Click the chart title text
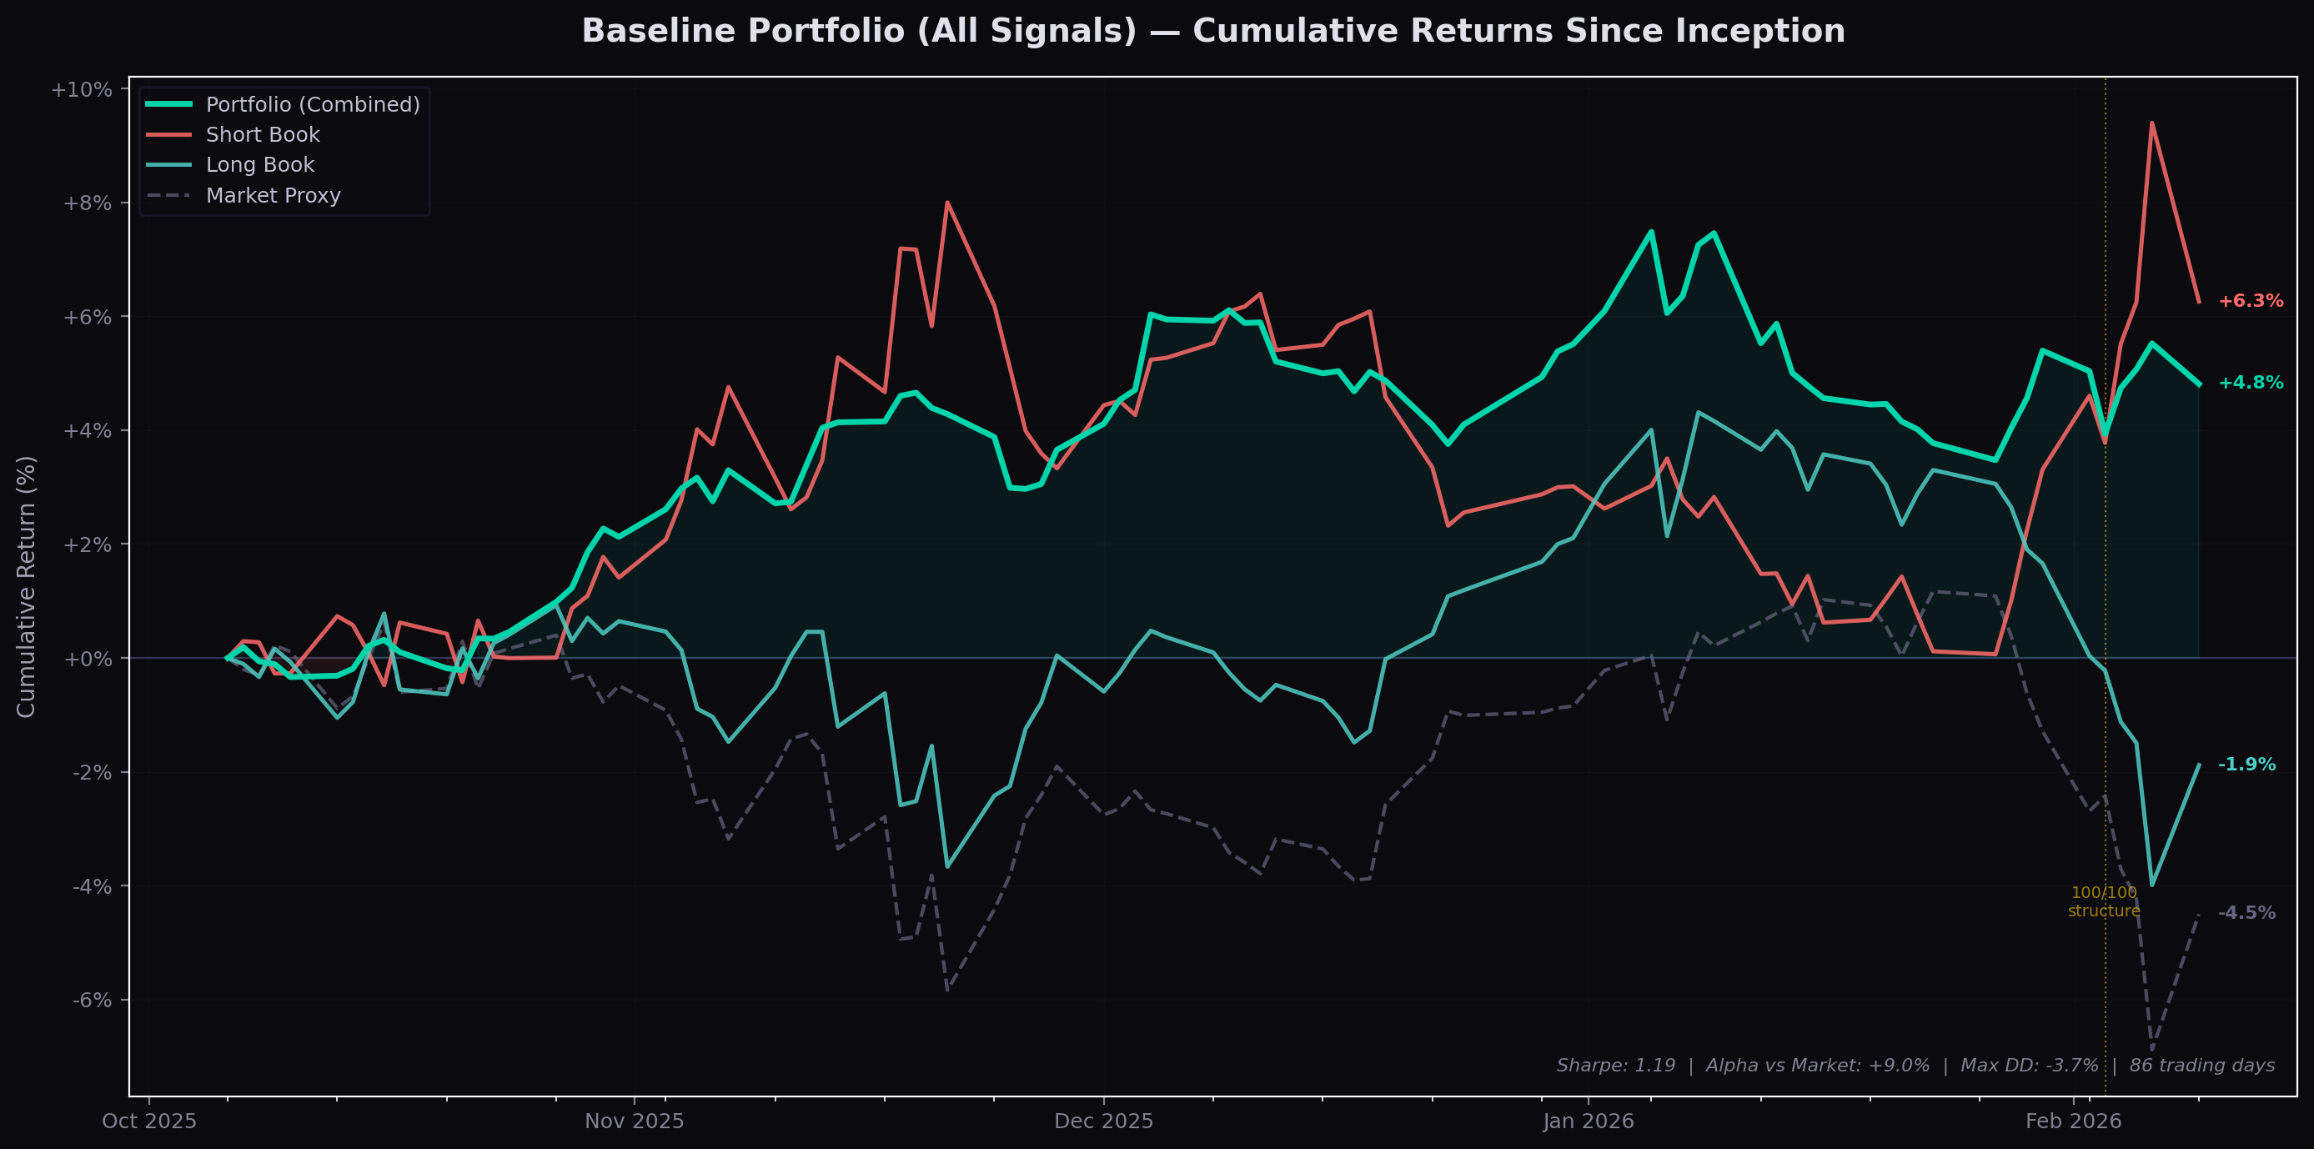(1212, 32)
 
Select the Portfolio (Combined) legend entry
(312, 105)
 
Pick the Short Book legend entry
(263, 135)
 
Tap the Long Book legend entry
(259, 165)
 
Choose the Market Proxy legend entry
(273, 196)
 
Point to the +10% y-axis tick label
(82, 90)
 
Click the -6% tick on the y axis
(93, 1001)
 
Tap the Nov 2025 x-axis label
(635, 1121)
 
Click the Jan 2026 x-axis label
(1589, 1121)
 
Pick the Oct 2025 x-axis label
(149, 1121)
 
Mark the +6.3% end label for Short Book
(2251, 301)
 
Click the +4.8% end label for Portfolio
(2251, 383)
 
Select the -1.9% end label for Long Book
(2246, 765)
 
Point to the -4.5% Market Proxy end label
(2246, 913)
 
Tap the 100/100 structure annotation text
(2104, 902)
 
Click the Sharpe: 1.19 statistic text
(1615, 1066)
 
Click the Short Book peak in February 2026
(2151, 123)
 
